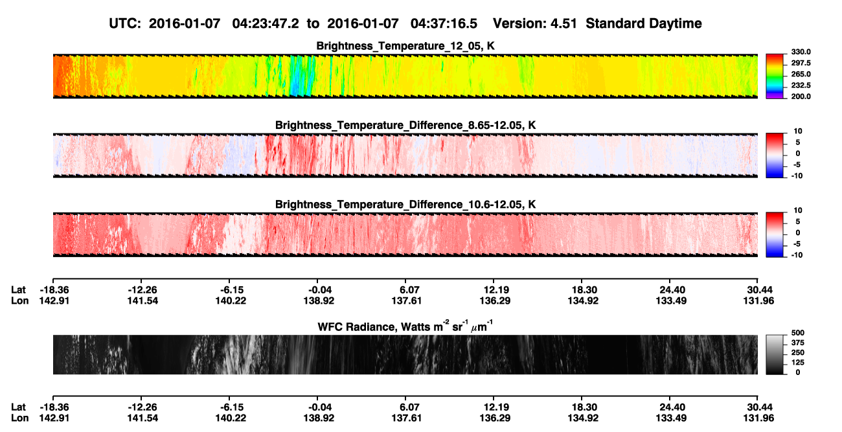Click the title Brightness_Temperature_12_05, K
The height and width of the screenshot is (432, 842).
pos(405,46)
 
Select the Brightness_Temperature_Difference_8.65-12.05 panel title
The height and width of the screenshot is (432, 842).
pos(405,125)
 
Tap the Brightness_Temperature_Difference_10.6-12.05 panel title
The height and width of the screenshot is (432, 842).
pos(405,205)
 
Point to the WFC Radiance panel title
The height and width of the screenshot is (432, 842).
pos(405,326)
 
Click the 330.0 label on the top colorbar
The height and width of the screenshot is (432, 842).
pos(801,52)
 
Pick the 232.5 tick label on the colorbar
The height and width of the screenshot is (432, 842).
pos(801,85)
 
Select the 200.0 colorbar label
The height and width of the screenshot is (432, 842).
pos(801,97)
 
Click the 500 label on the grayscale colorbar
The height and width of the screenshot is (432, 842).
pos(798,333)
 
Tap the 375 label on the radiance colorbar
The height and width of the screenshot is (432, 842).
pos(798,343)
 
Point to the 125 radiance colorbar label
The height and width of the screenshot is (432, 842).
pos(798,363)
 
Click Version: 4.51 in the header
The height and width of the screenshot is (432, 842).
pos(535,23)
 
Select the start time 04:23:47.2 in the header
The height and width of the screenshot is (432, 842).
pos(266,23)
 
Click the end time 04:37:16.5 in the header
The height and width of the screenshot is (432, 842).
pos(444,23)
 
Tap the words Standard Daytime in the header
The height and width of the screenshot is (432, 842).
pos(644,23)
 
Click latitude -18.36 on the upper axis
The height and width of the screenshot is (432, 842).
pos(54,290)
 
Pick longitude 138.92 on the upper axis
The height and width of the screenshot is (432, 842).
pos(319,301)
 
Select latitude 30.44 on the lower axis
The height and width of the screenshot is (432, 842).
pos(758,407)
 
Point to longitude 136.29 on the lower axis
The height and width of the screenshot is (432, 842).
pos(495,418)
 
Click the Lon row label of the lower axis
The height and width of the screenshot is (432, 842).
pos(20,418)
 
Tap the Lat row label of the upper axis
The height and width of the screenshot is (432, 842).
pos(18,290)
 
